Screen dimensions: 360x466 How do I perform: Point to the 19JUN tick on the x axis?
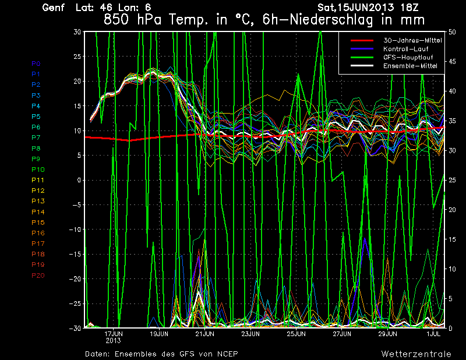click(x=159, y=334)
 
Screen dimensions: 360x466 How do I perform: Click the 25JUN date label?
click(x=296, y=334)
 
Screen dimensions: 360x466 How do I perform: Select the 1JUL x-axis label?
click(x=433, y=334)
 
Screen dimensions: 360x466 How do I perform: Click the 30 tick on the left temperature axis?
click(x=77, y=32)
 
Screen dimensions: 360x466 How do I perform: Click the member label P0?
click(x=36, y=63)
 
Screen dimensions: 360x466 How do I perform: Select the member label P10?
click(x=37, y=170)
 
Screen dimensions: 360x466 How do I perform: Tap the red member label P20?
click(x=37, y=276)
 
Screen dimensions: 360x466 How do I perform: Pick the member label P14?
click(x=37, y=212)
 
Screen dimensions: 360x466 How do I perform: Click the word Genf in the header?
click(x=54, y=8)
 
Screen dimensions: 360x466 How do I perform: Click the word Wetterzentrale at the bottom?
click(x=416, y=354)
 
